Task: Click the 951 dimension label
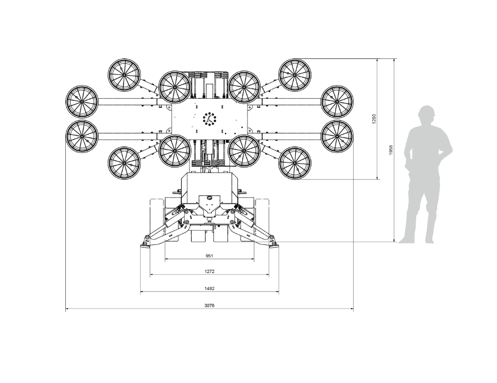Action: click(x=209, y=256)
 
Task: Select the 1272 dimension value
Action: click(x=209, y=271)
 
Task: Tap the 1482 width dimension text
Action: click(x=209, y=288)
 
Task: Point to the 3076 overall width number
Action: click(x=209, y=305)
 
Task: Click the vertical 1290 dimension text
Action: click(x=374, y=119)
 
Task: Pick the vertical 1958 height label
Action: click(x=391, y=150)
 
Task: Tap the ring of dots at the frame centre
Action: click(x=209, y=119)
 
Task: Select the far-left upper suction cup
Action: click(x=81, y=101)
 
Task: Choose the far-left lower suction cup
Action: click(x=81, y=137)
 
